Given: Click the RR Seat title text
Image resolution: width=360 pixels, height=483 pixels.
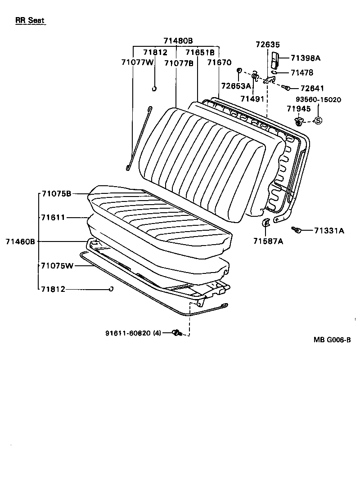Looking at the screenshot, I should point(31,21).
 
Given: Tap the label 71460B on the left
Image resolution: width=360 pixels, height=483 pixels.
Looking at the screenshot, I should point(20,241).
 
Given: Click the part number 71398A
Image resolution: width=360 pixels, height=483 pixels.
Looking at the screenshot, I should point(305,58).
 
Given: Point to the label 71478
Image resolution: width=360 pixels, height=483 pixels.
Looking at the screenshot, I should point(301,72).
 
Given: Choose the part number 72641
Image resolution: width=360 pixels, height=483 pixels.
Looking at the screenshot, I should point(312,88).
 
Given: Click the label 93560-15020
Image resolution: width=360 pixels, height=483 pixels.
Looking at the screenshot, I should point(318,99).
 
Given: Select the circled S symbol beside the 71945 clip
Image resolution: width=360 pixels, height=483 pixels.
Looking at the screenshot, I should point(317,120).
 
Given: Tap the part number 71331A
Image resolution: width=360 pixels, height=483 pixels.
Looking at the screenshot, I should point(329,231).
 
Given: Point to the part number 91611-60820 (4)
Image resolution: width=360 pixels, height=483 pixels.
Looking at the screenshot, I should point(133,333).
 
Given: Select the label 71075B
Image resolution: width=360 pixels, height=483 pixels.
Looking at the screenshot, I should point(56,194).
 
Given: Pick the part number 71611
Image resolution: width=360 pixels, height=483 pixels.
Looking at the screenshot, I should point(53,217).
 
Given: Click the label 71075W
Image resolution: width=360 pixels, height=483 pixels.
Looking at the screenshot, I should point(57,266).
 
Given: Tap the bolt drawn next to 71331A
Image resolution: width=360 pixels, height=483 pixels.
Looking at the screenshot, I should point(296,230).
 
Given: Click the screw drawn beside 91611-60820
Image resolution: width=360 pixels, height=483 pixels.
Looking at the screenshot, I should point(176,333).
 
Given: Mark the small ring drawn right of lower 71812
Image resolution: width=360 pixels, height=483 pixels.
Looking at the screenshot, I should point(110,289).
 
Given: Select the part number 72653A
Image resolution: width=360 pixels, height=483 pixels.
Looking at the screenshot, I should point(236,85).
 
